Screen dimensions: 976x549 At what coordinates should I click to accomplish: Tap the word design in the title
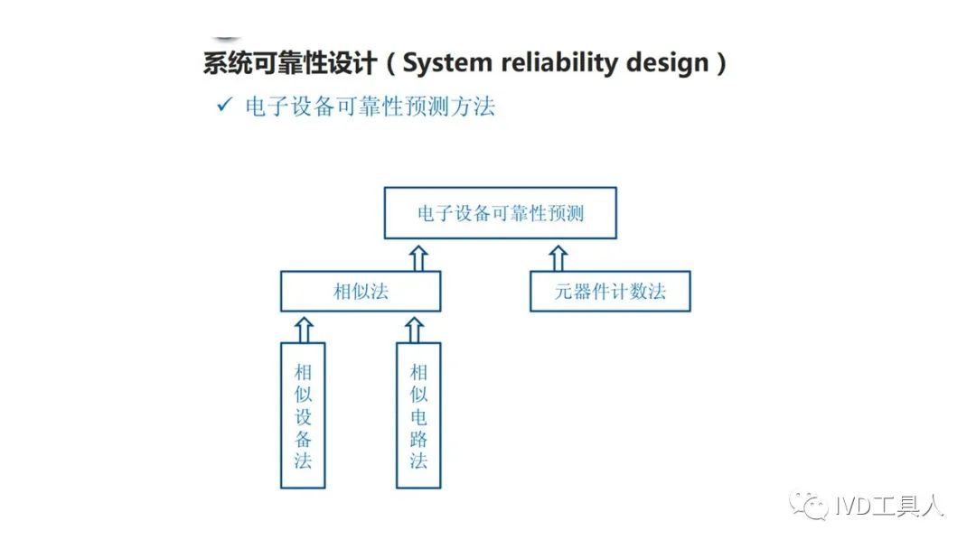click(x=667, y=63)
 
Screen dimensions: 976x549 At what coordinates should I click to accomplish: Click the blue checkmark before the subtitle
click(x=224, y=105)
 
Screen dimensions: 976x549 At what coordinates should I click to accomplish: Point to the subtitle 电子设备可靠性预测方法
click(x=371, y=107)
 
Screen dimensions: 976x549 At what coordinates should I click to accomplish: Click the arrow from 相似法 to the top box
click(x=418, y=258)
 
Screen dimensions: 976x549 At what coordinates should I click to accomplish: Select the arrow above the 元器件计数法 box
click(x=558, y=258)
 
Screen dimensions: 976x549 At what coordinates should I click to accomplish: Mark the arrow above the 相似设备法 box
click(x=304, y=330)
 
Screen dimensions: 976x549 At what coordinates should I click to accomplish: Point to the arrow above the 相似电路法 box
click(x=415, y=330)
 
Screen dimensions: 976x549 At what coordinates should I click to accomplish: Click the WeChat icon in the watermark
click(x=809, y=505)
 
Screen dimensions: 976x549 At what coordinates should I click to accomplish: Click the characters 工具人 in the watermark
click(x=907, y=506)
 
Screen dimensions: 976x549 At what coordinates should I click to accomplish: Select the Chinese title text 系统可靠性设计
click(x=290, y=63)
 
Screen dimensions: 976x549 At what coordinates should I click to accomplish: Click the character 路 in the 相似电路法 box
click(x=418, y=438)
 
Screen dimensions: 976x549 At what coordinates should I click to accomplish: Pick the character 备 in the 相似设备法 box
click(x=303, y=438)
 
